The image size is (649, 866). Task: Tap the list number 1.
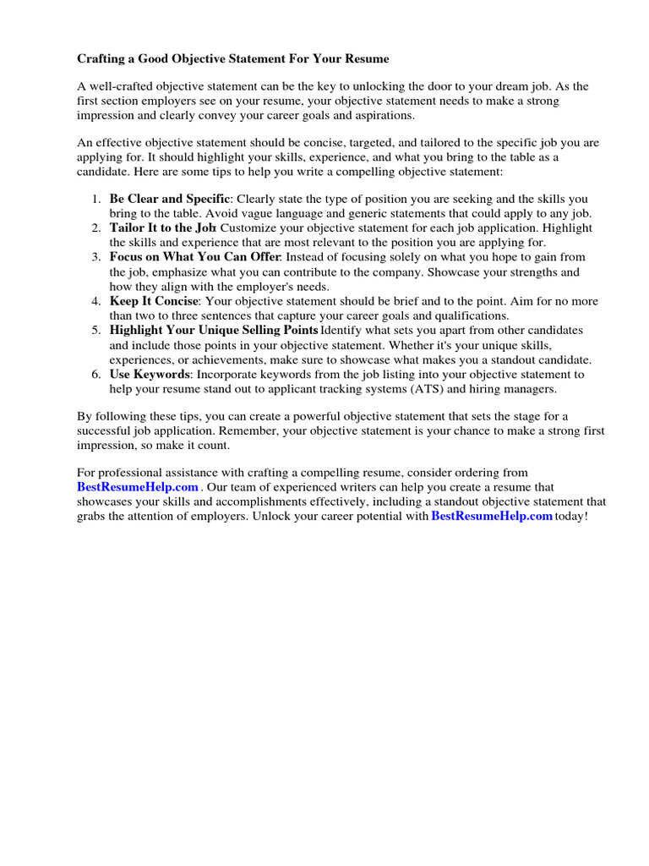tap(95, 200)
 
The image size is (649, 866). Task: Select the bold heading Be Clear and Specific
tap(169, 200)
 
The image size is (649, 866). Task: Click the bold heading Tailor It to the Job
tap(162, 228)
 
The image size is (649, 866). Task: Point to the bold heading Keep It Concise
tap(154, 301)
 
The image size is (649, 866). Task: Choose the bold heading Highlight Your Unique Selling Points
tap(214, 330)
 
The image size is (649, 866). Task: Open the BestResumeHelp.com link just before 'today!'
tap(492, 516)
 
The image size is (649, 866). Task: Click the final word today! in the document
tap(570, 516)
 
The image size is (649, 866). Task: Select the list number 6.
tap(95, 374)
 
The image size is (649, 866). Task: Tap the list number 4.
tap(95, 301)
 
